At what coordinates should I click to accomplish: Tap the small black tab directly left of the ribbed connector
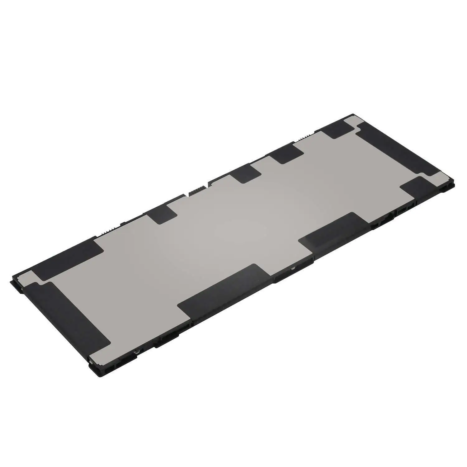pos(162,214)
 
